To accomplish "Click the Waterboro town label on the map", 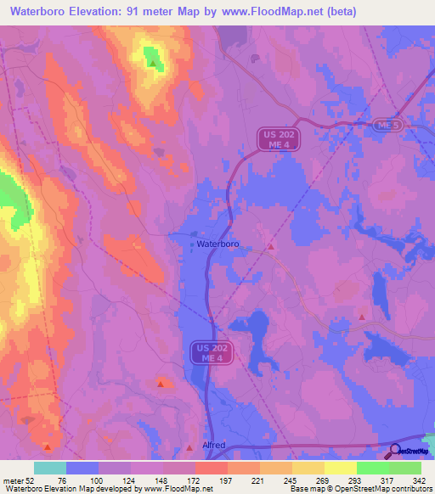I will point(218,244).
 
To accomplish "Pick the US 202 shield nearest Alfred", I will point(209,353).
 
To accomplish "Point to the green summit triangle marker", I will point(153,63).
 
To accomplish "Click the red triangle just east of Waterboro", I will point(270,246).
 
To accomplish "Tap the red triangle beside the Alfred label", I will point(189,447).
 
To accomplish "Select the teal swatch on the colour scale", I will point(50,468).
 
